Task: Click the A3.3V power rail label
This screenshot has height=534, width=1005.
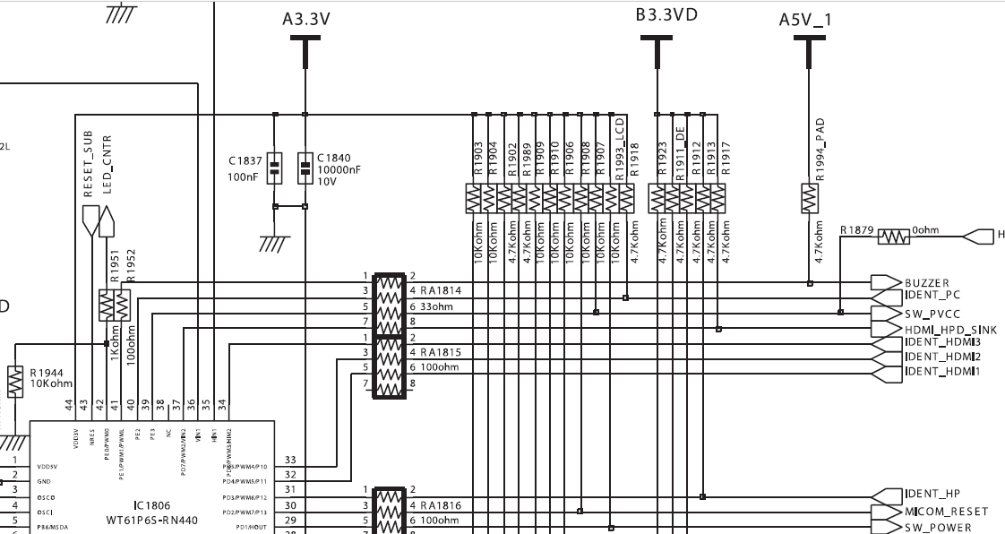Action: [305, 18]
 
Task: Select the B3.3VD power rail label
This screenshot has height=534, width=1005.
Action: [666, 14]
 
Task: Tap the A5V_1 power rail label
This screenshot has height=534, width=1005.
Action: [804, 19]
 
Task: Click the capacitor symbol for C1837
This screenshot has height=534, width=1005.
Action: [275, 166]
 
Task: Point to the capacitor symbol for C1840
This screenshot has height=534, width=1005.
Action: [305, 166]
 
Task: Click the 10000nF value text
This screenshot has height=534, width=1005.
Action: [338, 169]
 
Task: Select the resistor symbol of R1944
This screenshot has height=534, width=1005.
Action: [15, 381]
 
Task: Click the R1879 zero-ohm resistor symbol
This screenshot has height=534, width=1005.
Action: [893, 237]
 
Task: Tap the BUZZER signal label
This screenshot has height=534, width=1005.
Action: [926, 283]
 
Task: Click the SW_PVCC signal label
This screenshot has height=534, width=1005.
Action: [932, 315]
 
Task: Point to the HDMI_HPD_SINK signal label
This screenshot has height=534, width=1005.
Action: [949, 330]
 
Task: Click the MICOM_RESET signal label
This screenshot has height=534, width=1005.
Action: [946, 512]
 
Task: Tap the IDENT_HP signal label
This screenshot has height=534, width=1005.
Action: [932, 495]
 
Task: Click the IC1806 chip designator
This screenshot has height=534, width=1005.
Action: [150, 505]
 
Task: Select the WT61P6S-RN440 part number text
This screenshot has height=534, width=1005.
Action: [151, 519]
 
